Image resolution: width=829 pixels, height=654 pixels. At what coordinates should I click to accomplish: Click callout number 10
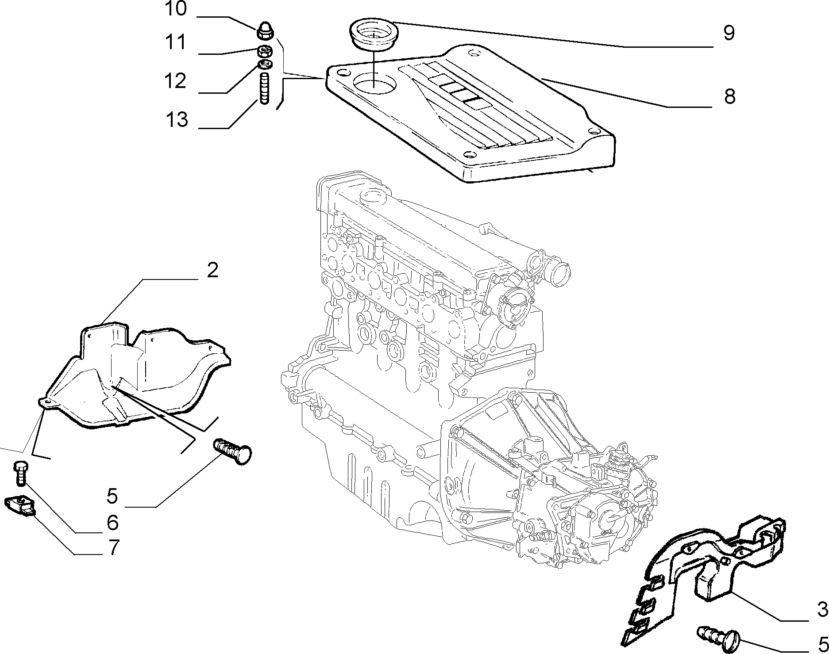tap(175, 9)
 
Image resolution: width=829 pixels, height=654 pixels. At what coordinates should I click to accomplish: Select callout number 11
tap(176, 43)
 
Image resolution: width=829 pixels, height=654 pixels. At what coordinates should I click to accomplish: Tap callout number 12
tap(176, 81)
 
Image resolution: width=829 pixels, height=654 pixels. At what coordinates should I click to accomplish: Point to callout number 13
tap(177, 119)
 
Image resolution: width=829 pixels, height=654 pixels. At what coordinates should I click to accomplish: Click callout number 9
tap(729, 33)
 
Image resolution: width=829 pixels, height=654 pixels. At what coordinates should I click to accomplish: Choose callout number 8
tap(729, 96)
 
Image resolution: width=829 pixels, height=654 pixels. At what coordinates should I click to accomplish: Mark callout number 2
tap(212, 270)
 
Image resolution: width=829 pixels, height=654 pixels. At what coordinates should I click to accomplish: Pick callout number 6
tap(113, 523)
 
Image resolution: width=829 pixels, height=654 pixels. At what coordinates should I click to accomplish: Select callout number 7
tap(113, 548)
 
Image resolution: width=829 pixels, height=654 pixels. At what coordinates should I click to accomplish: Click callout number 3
tap(822, 610)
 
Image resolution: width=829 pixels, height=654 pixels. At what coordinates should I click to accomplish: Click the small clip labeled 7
tap(20, 505)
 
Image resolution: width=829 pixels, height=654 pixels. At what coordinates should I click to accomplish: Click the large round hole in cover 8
tap(374, 83)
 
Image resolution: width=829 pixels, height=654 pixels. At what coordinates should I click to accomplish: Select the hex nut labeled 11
tap(265, 51)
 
